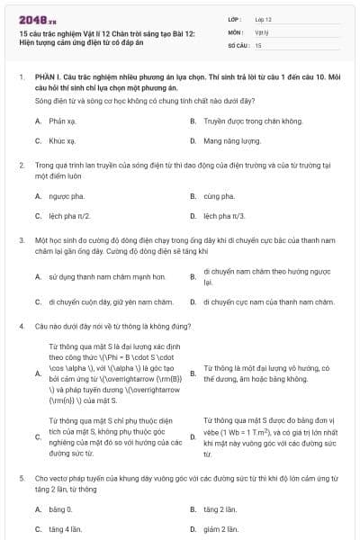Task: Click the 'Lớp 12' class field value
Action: point(263,18)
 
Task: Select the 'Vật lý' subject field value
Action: point(261,31)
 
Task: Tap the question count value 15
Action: point(258,44)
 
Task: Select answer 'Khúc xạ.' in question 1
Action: point(61,141)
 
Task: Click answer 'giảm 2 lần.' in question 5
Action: point(220,529)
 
